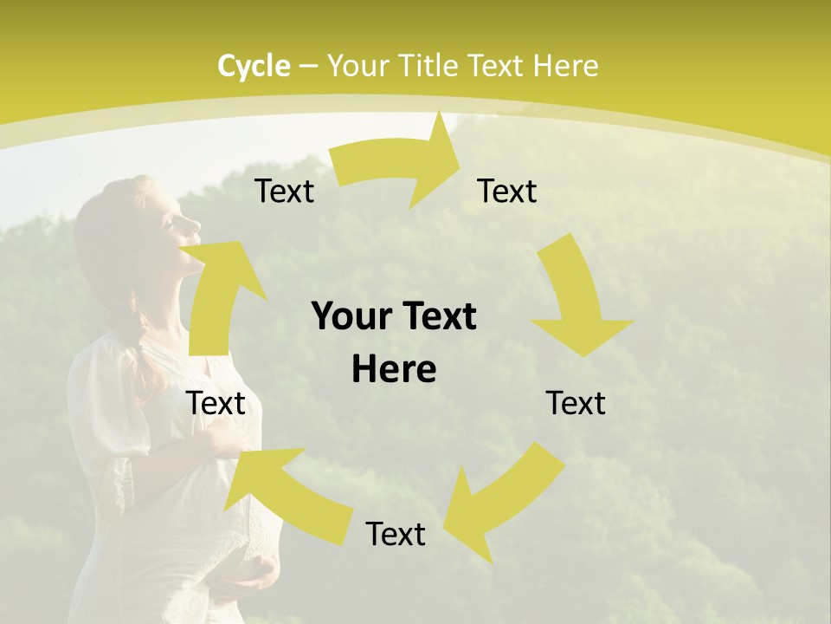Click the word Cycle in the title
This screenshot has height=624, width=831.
coord(254,66)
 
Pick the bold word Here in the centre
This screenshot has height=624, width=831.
coord(394,370)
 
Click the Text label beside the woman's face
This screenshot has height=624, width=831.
coord(284,192)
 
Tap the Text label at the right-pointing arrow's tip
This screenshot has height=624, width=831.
coord(507,192)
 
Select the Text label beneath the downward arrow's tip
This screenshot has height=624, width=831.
coord(576,403)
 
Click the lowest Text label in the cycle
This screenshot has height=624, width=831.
coord(396,534)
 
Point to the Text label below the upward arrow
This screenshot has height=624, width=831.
coord(216,403)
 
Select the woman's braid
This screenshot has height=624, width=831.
coord(147,338)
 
